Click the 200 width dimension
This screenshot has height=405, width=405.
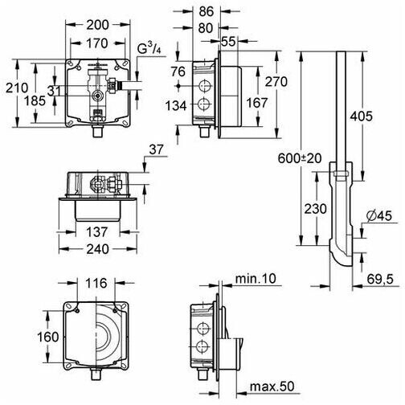click(98, 25)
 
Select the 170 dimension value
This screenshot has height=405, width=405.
click(97, 43)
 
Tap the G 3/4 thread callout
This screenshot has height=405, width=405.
click(149, 49)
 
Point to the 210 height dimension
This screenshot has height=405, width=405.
click(17, 88)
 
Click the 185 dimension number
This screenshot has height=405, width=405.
click(35, 101)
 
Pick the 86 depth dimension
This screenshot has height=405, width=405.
click(207, 11)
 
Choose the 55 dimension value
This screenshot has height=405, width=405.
click(228, 42)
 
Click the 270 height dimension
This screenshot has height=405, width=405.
click(276, 82)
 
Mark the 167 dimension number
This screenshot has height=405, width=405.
click(257, 103)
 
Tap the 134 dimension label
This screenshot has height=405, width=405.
click(176, 105)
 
